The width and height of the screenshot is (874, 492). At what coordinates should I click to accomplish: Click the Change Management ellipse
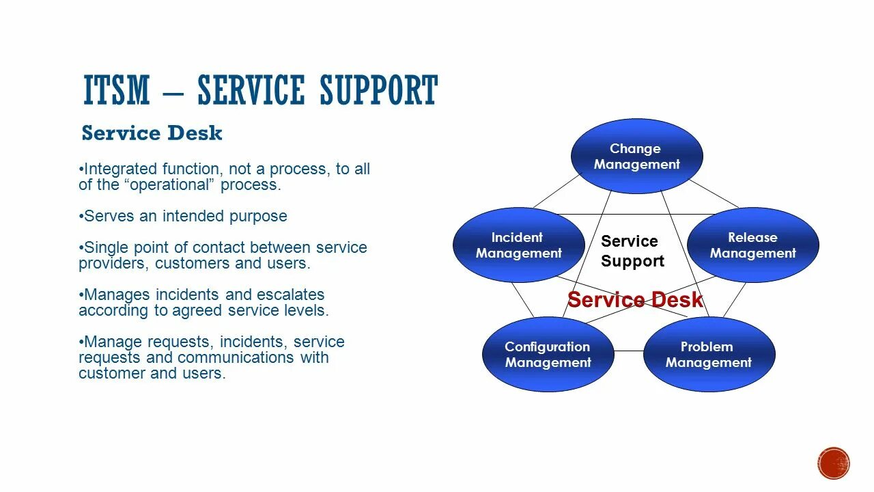(636, 156)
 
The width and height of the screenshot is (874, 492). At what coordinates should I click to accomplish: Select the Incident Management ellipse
(518, 245)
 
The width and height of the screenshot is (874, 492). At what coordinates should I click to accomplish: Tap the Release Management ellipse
(752, 245)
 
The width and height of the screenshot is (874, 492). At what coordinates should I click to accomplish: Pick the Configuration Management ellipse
(548, 355)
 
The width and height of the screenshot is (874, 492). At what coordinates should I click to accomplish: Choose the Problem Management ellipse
(709, 355)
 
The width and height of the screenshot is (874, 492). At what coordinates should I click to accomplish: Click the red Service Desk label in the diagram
(635, 300)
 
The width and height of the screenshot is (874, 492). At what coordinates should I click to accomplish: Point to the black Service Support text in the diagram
(632, 251)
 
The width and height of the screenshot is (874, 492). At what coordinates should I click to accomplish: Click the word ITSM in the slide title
(116, 91)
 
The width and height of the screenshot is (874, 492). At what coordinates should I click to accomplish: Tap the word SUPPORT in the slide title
(378, 91)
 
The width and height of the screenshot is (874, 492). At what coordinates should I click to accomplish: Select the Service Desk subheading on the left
(152, 133)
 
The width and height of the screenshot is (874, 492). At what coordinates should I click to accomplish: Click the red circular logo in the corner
(833, 463)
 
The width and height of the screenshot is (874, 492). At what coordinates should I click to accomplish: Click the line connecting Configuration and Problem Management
(628, 351)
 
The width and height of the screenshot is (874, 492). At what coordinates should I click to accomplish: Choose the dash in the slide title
(173, 91)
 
